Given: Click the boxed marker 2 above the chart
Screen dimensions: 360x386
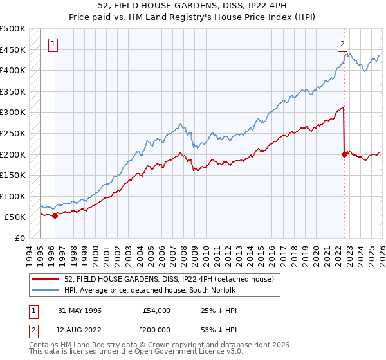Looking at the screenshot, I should click(343, 44).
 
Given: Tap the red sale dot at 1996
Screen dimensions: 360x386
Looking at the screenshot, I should click(55, 215).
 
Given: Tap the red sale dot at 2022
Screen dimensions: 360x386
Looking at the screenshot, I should click(344, 154).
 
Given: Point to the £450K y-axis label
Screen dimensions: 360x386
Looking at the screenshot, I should click(13, 50).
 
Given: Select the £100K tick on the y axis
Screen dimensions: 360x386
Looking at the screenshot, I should click(13, 196).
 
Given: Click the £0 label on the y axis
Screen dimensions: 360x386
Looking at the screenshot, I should click(19, 238).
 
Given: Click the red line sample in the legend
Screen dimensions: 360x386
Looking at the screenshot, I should click(46, 279).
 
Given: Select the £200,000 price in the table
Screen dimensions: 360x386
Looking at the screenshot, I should click(156, 331).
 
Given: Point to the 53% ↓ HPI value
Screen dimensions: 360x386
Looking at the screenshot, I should click(214, 331).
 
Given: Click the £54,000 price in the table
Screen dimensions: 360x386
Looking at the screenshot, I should click(156, 310).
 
